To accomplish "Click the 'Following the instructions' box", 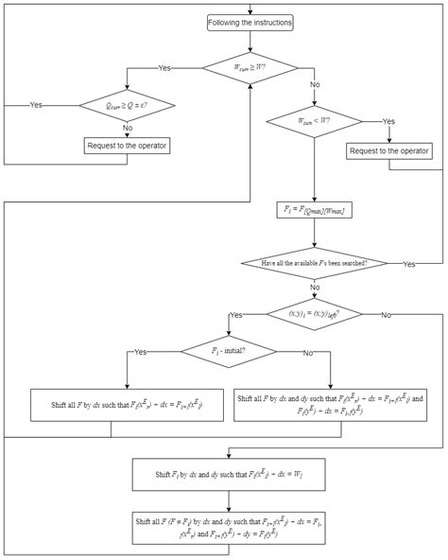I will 250,22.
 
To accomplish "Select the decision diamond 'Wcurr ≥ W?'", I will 250,67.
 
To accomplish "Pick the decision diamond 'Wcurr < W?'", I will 314,120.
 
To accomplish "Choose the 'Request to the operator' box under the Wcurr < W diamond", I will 389,150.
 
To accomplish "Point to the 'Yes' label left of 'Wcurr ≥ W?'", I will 164,68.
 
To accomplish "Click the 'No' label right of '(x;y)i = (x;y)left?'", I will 387,314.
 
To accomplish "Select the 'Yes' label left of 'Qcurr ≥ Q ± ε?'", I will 36,104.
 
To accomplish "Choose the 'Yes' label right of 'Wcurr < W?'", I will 388,121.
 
